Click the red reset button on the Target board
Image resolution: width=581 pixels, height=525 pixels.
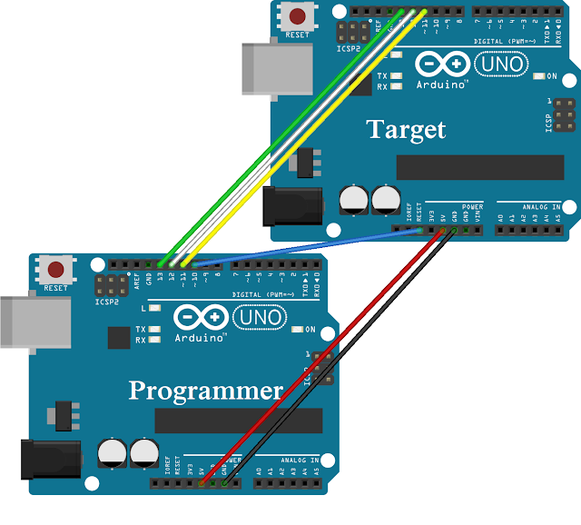(x=296, y=15)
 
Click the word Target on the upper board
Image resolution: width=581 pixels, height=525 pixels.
(x=406, y=129)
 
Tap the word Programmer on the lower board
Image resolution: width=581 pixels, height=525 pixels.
(x=205, y=391)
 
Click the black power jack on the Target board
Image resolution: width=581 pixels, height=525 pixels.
(x=281, y=206)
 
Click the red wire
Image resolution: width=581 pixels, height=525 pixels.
(x=318, y=359)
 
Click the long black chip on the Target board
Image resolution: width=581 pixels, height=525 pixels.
(x=480, y=167)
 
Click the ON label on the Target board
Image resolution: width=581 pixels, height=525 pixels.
(x=551, y=76)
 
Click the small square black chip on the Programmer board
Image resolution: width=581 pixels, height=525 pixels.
(x=119, y=337)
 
